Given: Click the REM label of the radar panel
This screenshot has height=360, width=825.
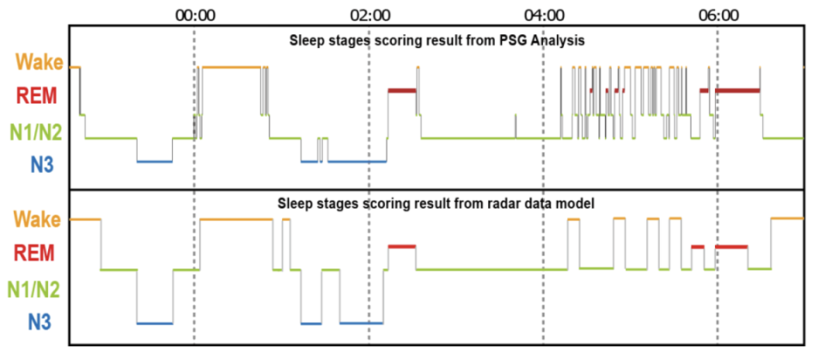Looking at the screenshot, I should [38, 253].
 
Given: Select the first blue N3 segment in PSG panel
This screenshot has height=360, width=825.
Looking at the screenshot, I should [154, 161].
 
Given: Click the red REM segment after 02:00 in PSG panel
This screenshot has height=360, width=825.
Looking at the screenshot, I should [402, 89].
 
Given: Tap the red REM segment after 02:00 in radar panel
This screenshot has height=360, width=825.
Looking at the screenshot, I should [402, 247].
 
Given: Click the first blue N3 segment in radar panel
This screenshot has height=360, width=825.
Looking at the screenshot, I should [154, 323].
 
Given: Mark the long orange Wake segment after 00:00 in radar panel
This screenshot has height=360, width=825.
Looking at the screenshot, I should [235, 220].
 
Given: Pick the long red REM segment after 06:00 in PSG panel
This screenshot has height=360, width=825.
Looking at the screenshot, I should [738, 89].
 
